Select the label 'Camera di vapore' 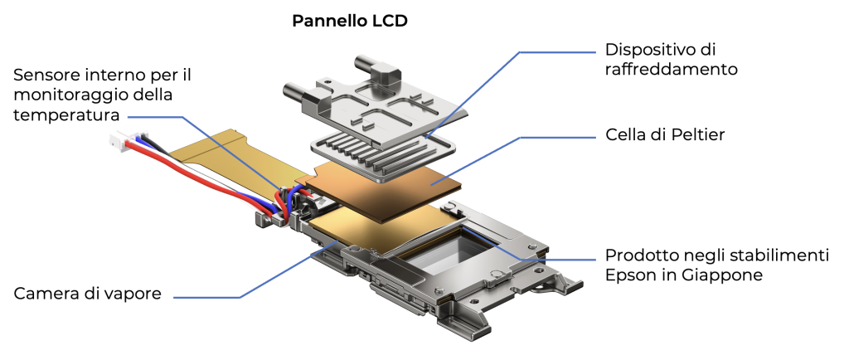pos(86,293)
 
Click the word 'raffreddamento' pos(671,69)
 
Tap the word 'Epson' pos(629,275)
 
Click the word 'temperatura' pos(66,114)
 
